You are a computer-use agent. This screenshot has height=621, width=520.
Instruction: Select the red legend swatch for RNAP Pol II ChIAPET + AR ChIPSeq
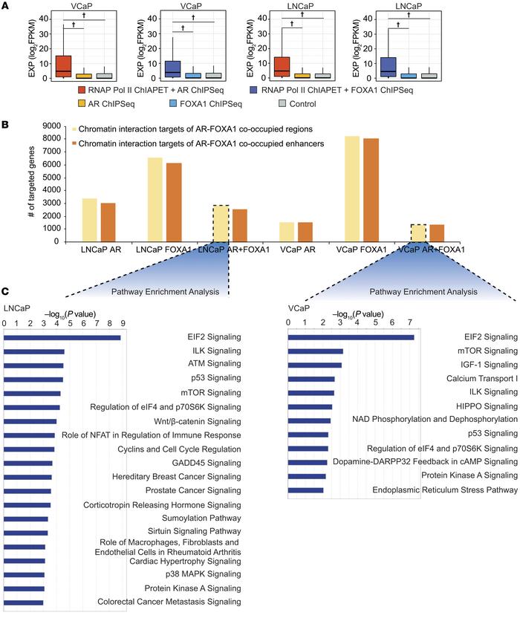tap(80, 89)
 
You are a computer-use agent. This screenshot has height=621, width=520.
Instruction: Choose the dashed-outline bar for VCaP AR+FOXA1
tap(419, 233)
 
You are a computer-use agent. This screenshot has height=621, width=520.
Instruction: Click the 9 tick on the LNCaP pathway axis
tap(122, 323)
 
